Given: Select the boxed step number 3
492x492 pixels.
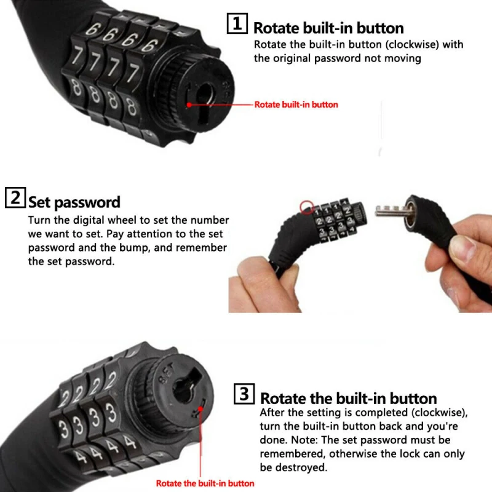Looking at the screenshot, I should click(x=243, y=394).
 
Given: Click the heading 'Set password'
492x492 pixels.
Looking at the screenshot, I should click(x=74, y=202).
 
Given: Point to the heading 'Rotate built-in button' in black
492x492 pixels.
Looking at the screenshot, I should click(x=328, y=28).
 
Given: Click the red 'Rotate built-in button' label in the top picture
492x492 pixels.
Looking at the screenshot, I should click(x=296, y=105).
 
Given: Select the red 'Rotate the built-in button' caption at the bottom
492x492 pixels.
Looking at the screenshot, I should click(x=205, y=483).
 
